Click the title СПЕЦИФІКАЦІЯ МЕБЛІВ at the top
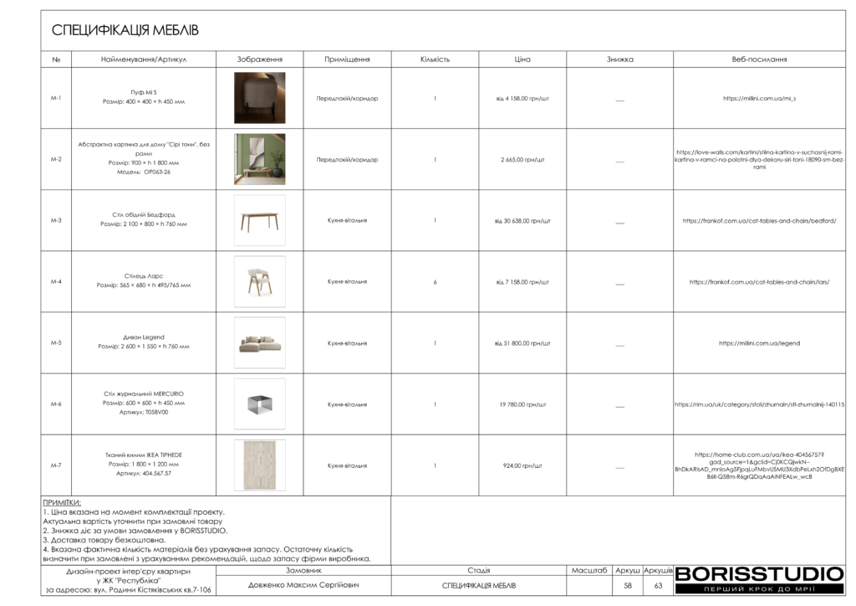point(125,31)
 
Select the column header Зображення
point(259,59)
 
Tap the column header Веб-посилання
point(759,59)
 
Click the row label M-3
point(56,221)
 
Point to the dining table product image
point(259,220)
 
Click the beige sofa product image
point(259,342)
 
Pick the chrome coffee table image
point(259,403)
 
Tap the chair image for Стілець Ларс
point(259,281)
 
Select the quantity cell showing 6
point(435,282)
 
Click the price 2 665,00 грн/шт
point(522,159)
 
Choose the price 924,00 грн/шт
point(522,465)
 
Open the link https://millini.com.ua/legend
point(759,343)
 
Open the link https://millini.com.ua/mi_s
point(759,99)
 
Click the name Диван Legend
point(144,337)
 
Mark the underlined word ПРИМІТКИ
point(62,503)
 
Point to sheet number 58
point(628,586)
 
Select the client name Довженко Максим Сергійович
point(303,585)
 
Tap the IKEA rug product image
point(259,465)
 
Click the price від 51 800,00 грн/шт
point(522,343)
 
